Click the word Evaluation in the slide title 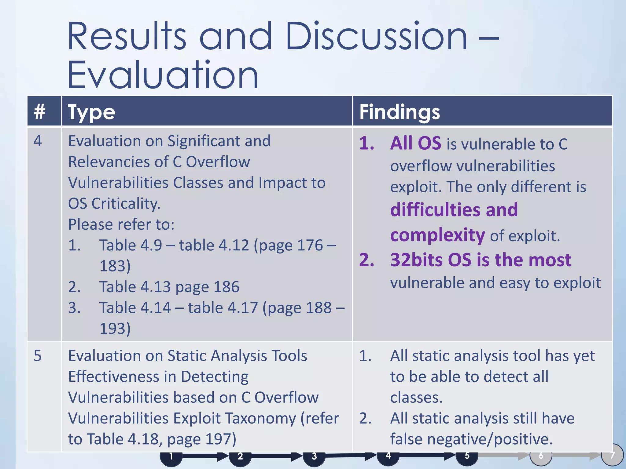pos(163,75)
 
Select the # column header pos(40,111)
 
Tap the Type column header pos(92,112)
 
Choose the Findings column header pos(400,112)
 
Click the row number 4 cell pos(38,141)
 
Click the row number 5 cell pos(38,356)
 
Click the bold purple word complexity pos(437,235)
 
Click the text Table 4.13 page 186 pos(169,287)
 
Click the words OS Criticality pos(114,204)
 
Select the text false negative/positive pos(471,439)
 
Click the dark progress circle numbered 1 pos(171,457)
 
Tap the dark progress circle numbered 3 pos(314,457)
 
